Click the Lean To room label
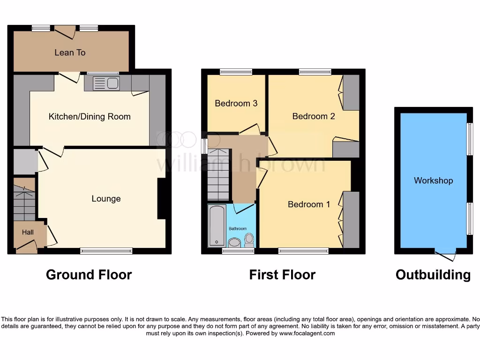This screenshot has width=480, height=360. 70,52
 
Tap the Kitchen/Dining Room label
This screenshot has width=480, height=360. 90,116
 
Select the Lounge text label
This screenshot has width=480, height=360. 106,199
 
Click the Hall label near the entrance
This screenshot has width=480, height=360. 27,232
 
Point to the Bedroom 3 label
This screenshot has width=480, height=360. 236,103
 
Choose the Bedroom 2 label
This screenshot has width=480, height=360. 313,116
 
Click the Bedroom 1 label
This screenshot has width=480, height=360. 308,204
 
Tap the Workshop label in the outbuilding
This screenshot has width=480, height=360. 433,180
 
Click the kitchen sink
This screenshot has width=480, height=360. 106,83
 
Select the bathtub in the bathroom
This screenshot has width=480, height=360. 217,225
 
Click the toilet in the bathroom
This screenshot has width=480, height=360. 249,240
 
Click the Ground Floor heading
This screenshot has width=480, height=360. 89,275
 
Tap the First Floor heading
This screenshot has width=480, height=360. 282,275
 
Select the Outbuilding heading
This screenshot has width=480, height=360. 433,275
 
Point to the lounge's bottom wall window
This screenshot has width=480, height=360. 106,251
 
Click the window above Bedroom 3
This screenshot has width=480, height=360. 236,72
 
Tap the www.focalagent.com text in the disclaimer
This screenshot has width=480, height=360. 307,333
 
